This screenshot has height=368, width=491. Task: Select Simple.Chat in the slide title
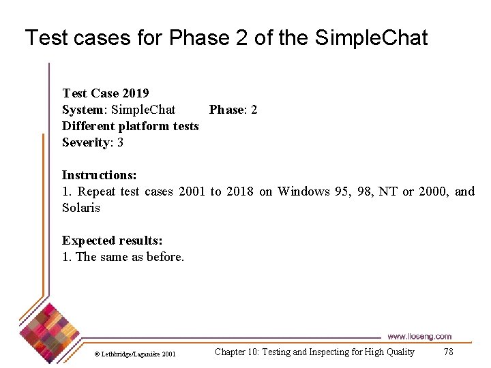tap(371, 37)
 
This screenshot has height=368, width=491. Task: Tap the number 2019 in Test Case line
tap(136, 93)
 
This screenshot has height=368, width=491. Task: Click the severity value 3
tap(120, 142)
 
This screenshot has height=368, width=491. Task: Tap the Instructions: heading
tap(99, 175)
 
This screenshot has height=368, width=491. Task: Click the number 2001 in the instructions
tap(191, 191)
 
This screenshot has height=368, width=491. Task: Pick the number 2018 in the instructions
tap(239, 191)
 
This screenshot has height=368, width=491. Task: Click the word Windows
tap(303, 191)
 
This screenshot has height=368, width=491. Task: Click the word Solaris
tap(80, 208)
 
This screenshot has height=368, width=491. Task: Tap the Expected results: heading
tap(112, 241)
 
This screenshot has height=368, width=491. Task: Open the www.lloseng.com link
tap(419, 336)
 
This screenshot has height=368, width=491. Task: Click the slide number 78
tap(448, 352)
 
